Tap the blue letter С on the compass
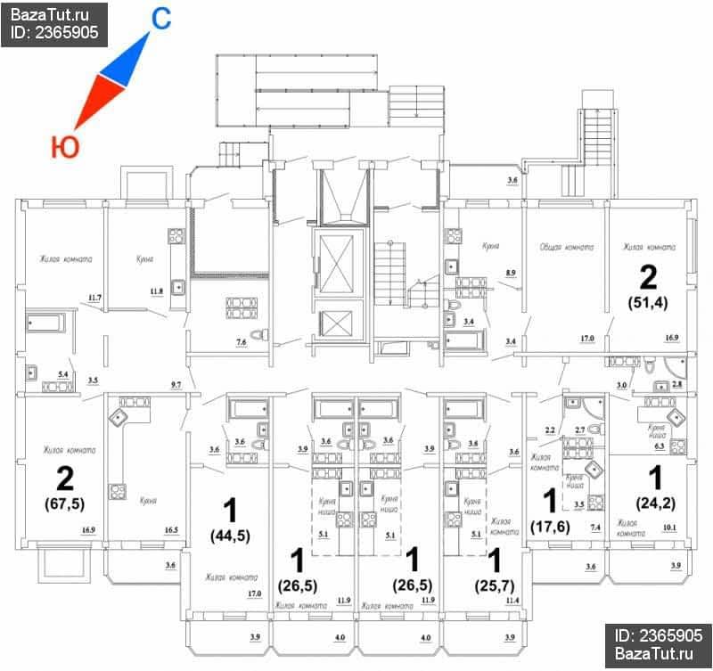[160, 19]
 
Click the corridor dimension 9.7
[176, 384]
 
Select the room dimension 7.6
[241, 341]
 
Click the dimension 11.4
[512, 601]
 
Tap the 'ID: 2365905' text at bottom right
[658, 635]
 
